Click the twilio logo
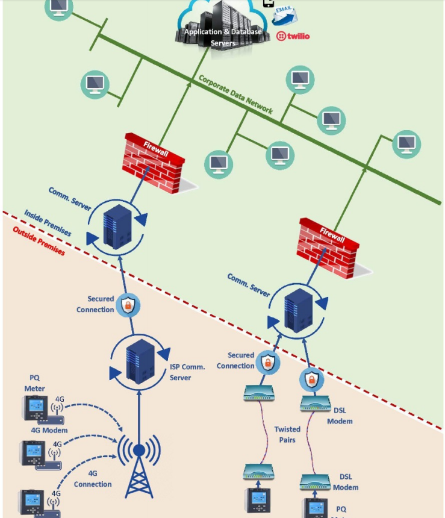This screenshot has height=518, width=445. click(x=293, y=36)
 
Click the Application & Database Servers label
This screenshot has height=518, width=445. click(x=223, y=37)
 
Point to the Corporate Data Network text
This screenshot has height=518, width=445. click(x=235, y=95)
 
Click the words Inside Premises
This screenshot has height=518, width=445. click(x=48, y=223)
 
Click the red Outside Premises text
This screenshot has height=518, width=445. click(x=39, y=241)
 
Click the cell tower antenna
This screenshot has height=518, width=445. click(x=139, y=464)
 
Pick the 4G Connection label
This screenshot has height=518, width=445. click(x=93, y=479)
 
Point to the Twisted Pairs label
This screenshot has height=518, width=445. click(x=287, y=434)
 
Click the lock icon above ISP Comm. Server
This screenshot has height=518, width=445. click(x=127, y=306)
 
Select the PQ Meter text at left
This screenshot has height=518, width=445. click(x=34, y=383)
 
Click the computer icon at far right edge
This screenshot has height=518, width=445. click(x=406, y=144)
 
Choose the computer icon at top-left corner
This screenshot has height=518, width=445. click(x=58, y=7)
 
